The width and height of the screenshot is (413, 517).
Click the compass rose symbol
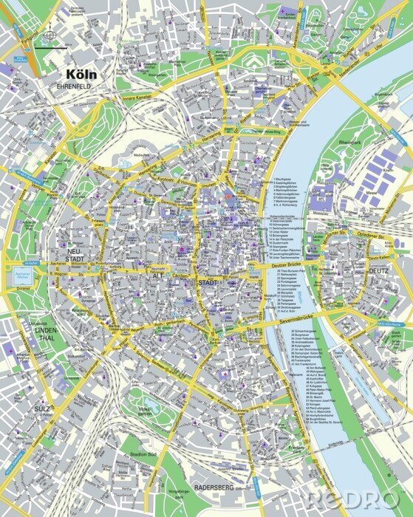49,35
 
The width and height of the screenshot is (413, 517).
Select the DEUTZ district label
379,271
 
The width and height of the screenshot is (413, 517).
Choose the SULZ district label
41,407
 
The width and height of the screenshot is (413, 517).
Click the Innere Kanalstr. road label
140,95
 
